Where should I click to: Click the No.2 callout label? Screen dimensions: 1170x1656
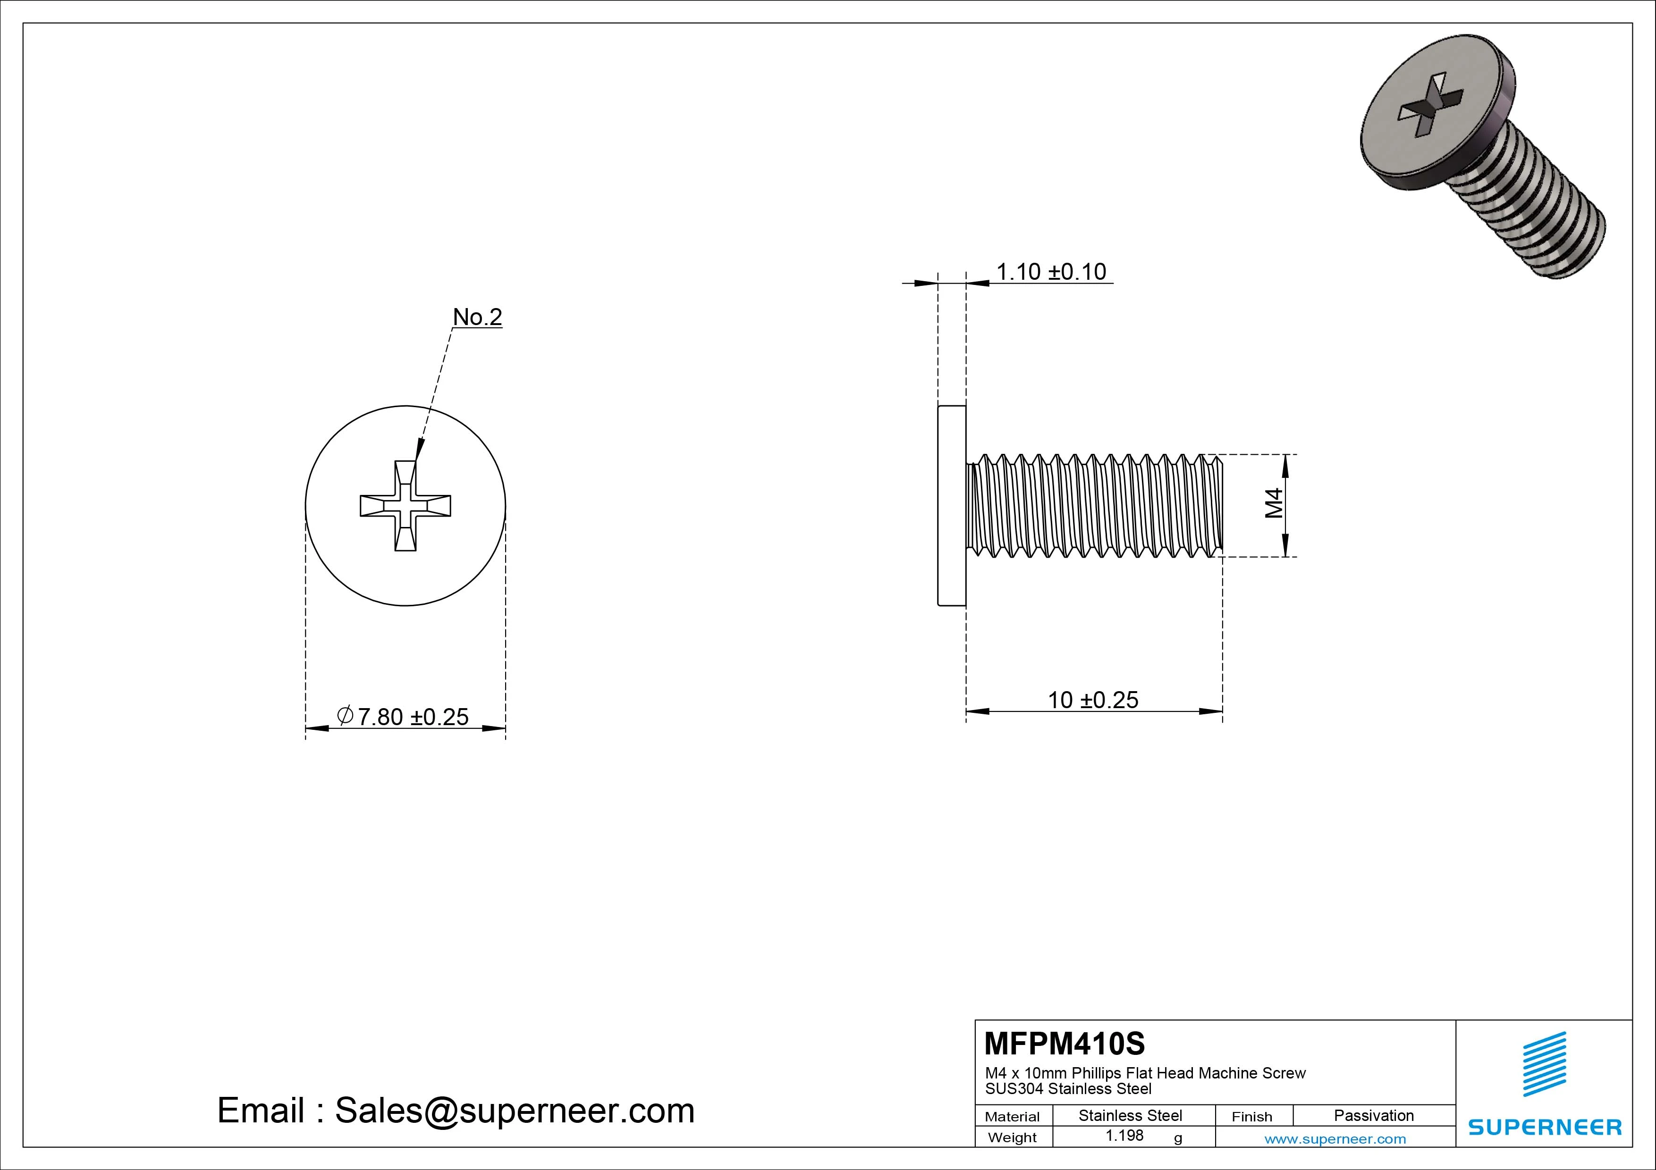point(477,317)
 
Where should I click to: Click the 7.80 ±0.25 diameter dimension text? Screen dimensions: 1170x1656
point(413,717)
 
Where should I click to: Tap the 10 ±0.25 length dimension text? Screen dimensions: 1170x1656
point(1093,700)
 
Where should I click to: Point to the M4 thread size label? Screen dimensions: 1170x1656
point(1274,503)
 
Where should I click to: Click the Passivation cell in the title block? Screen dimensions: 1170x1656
point(1373,1115)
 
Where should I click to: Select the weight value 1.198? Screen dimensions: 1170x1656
point(1124,1136)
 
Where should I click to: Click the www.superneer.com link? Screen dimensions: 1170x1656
point(1335,1139)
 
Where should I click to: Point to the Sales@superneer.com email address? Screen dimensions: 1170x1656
point(514,1111)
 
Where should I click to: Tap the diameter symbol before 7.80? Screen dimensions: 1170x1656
point(345,715)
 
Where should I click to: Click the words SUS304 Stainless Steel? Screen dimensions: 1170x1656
point(1068,1089)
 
